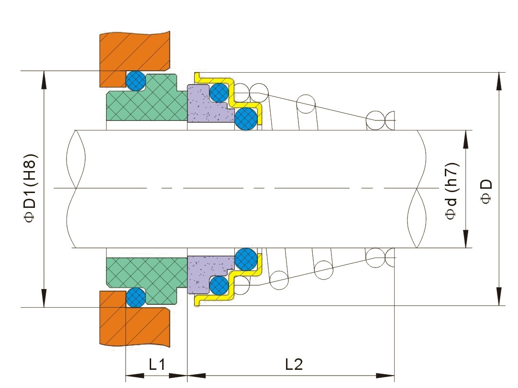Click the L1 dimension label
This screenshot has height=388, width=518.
click(x=156, y=365)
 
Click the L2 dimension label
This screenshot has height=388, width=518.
click(x=294, y=365)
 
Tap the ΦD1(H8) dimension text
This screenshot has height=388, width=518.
click(x=31, y=188)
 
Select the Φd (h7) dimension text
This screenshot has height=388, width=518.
click(x=452, y=191)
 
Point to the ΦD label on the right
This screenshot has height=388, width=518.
click(x=486, y=191)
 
